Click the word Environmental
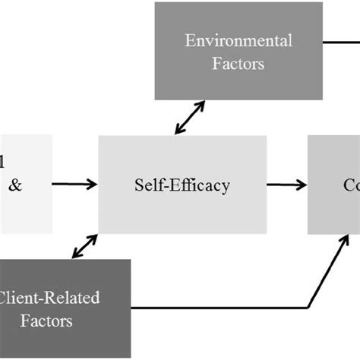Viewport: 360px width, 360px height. (x=238, y=40)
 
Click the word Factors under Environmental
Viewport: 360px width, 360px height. (x=238, y=63)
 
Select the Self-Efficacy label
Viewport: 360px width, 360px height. (x=182, y=184)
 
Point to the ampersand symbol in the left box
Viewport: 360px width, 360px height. (x=15, y=184)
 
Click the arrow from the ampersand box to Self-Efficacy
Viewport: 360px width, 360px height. (x=74, y=184)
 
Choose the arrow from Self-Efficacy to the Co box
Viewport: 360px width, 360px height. (x=286, y=184)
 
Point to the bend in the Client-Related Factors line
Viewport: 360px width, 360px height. (x=308, y=308)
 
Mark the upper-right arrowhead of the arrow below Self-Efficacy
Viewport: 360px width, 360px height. (x=94, y=237)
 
